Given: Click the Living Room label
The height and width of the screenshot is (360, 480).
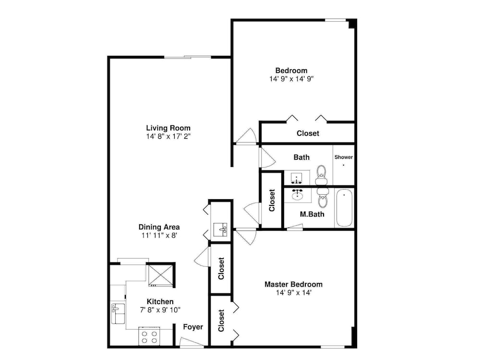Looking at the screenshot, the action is coord(168,128).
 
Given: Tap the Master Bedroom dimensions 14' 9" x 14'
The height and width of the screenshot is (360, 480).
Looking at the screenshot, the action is coord(294,293).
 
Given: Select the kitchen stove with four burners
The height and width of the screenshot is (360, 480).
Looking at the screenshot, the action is coord(149,336).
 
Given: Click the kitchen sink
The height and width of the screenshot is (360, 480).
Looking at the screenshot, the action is coord(118,314).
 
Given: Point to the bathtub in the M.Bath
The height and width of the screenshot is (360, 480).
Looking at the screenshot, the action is coord(344,208).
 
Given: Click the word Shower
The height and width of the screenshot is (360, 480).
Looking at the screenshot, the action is coord(344,157).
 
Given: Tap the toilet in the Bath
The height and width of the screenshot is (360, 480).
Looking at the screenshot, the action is coord(321,175).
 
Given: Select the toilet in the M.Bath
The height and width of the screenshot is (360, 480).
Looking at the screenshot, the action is coord(322,197).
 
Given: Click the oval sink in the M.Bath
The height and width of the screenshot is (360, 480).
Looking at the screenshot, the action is coord(297,195).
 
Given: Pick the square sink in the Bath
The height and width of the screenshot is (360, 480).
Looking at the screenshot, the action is coord(296,178).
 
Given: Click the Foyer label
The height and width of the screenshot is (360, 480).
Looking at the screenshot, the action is coord(193,327).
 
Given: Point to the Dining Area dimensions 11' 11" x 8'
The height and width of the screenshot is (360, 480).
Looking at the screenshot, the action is coord(159,235).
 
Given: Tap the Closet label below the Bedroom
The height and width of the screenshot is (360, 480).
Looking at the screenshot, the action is coord(308,133).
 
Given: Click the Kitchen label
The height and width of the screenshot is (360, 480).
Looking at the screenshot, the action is coord(160,301).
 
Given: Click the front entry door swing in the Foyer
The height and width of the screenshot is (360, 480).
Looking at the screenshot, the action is coord(192,342).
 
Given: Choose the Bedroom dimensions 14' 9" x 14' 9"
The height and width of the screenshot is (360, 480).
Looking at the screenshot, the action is coord(291,79).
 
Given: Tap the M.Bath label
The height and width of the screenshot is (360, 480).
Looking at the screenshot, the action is coord(312,214).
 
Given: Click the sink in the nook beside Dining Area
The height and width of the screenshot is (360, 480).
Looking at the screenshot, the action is coord(220,229).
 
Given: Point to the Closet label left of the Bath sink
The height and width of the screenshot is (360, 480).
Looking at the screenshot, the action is coord(272,201).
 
